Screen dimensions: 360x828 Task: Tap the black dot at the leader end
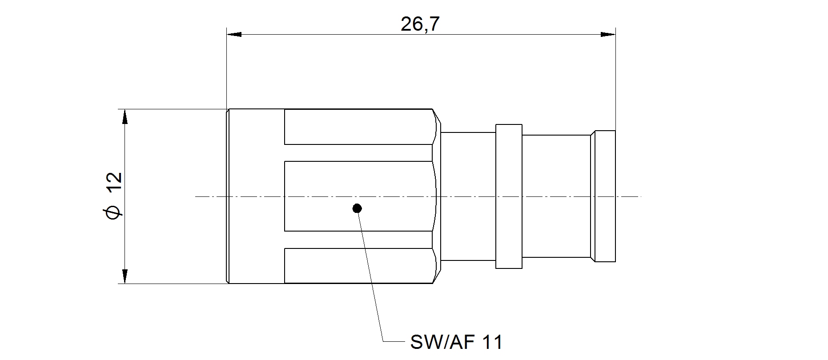tap(357, 208)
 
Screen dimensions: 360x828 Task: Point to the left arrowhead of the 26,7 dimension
tap(234, 34)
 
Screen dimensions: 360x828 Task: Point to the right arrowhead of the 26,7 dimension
tap(608, 34)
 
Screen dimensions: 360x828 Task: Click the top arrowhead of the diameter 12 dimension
tap(125, 117)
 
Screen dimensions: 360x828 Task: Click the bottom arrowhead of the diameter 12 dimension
tap(125, 276)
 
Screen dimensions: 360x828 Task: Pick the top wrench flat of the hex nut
tap(358, 127)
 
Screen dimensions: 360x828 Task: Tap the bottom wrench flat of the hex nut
tap(358, 265)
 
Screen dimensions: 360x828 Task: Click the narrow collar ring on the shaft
tap(509, 196)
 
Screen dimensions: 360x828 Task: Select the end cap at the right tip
tap(605, 196)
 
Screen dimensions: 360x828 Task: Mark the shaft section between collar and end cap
tap(556, 196)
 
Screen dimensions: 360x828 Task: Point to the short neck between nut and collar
tap(468, 196)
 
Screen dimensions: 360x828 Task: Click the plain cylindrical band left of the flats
tap(256, 196)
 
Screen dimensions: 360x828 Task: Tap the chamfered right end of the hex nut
tap(437, 196)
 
